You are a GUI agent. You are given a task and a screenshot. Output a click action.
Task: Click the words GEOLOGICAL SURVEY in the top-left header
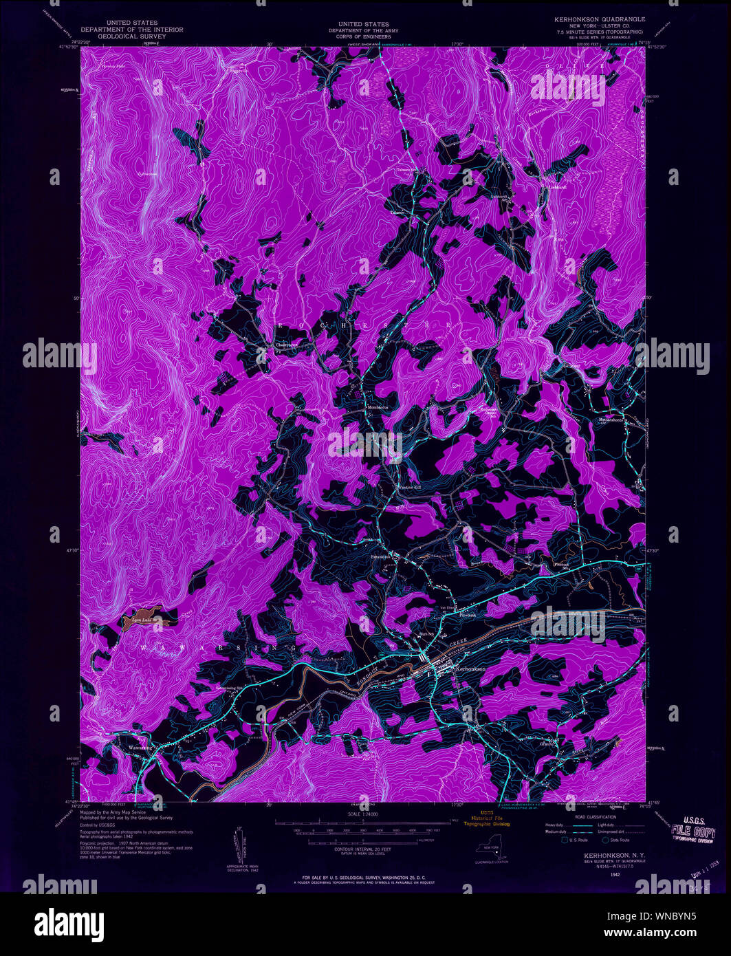132,36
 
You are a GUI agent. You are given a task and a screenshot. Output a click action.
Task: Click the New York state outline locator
490,851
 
